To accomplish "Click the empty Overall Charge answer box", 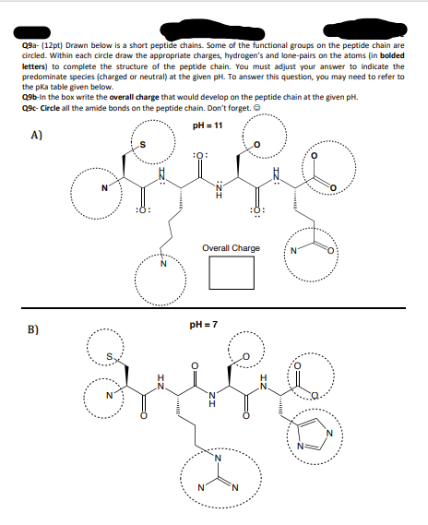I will tap(231, 271).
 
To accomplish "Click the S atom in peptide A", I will tap(141, 143).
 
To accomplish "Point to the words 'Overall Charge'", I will tap(231, 248).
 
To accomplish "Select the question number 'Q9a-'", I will tap(29, 43).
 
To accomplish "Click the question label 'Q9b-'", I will tap(29, 97).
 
